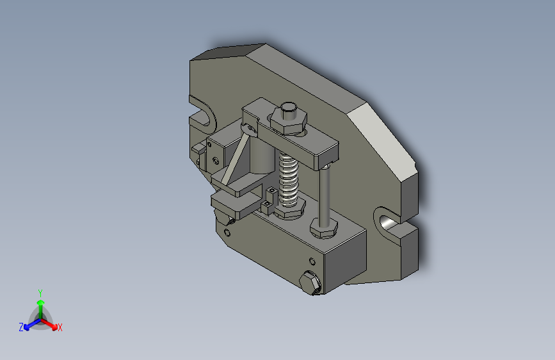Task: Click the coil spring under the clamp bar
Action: pos(288,181)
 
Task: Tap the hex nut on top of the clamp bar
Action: pos(289,120)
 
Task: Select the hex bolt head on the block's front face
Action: pos(310,282)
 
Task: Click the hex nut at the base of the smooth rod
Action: pos(323,229)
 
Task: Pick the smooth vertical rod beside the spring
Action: pos(325,195)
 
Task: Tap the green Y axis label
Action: pos(40,293)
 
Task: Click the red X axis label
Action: pos(60,327)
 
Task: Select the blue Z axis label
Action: pos(21,327)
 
